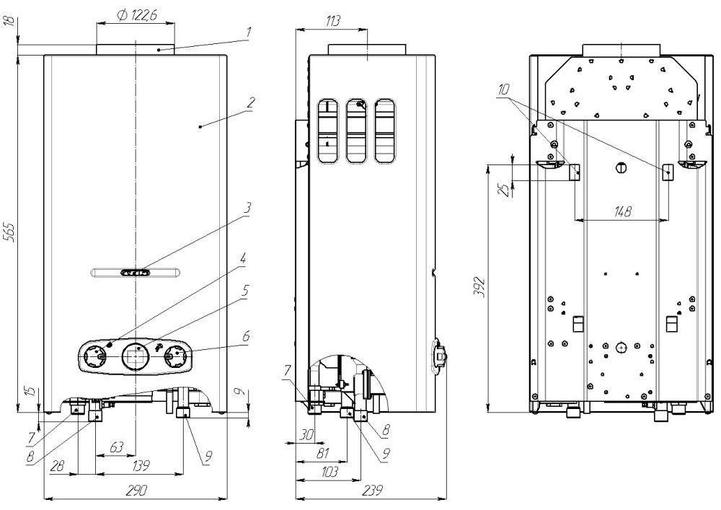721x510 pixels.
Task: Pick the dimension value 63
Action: pyautogui.click(x=116, y=449)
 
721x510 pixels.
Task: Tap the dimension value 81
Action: pyautogui.click(x=322, y=454)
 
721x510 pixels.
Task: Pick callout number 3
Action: pyautogui.click(x=247, y=208)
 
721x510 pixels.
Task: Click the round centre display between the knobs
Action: pyautogui.click(x=135, y=355)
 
